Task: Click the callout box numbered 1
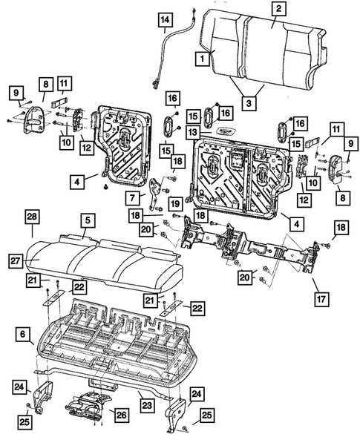[201, 56]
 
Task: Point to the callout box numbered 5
[87, 220]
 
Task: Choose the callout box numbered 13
[192, 131]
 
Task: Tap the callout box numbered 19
[174, 203]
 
